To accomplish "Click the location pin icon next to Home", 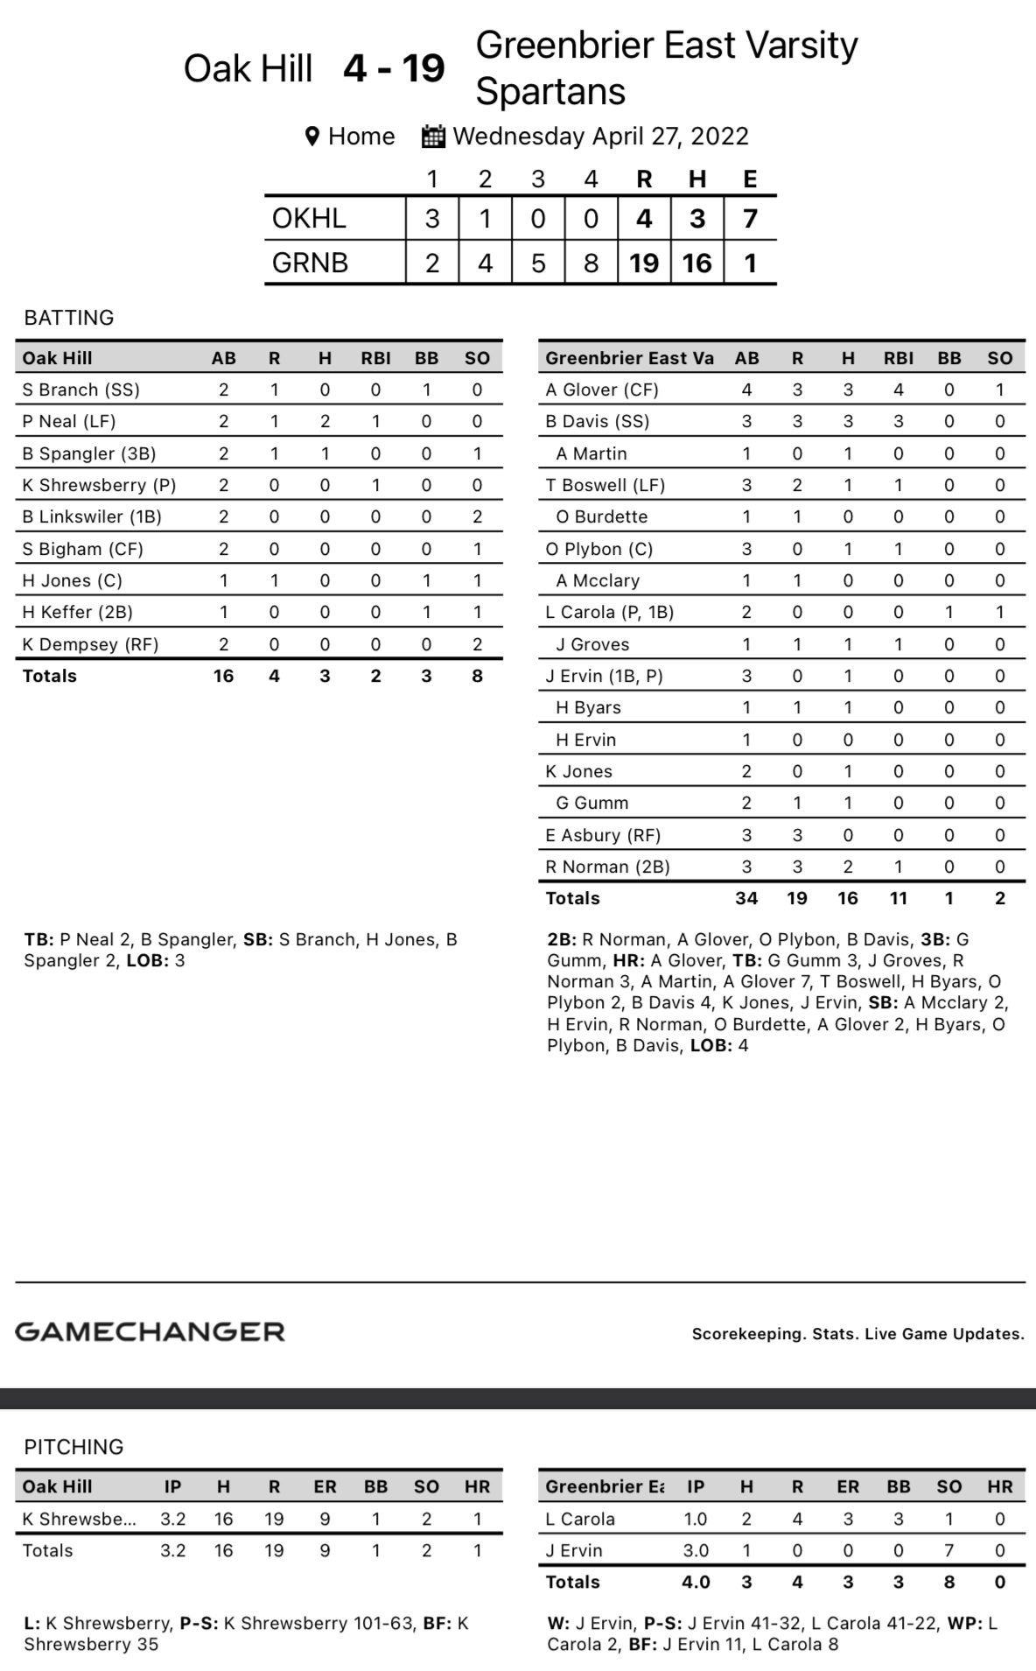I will click(311, 137).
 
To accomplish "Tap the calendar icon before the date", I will click(433, 137).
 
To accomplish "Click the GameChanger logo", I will click(150, 1331).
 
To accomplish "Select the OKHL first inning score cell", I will click(432, 218).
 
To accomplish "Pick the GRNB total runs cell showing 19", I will click(644, 263).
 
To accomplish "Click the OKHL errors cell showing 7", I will click(750, 218).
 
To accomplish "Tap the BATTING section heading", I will click(69, 318).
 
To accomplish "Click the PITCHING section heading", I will click(73, 1447).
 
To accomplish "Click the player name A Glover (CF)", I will click(602, 390).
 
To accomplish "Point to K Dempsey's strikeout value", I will click(477, 644).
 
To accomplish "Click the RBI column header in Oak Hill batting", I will click(375, 358).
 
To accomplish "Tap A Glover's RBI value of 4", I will click(898, 390).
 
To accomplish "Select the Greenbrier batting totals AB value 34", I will click(746, 898).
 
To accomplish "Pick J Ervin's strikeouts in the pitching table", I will click(948, 1550).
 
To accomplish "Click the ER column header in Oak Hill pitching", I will click(325, 1486).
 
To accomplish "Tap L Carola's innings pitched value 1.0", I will click(696, 1519).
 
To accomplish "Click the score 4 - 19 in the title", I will click(394, 68).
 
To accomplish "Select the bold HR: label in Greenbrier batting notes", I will click(628, 960).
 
